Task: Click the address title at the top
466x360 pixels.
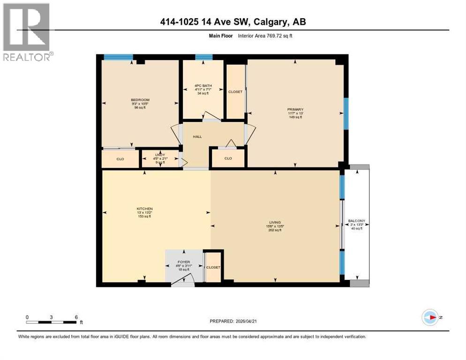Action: [233, 22]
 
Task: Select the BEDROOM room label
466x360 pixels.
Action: [140, 100]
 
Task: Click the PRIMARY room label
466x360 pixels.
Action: [295, 110]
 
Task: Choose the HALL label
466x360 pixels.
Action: [197, 136]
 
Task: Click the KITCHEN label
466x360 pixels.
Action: [144, 209]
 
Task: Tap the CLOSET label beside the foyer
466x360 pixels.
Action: [213, 267]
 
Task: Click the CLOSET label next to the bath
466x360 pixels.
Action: [235, 92]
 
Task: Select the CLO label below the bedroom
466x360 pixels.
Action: [120, 159]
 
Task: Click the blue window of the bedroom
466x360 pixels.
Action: [118, 57]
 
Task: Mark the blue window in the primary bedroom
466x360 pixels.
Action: [346, 113]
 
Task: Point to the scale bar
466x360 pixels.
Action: [52, 322]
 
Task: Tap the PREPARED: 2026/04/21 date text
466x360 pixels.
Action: [233, 321]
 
